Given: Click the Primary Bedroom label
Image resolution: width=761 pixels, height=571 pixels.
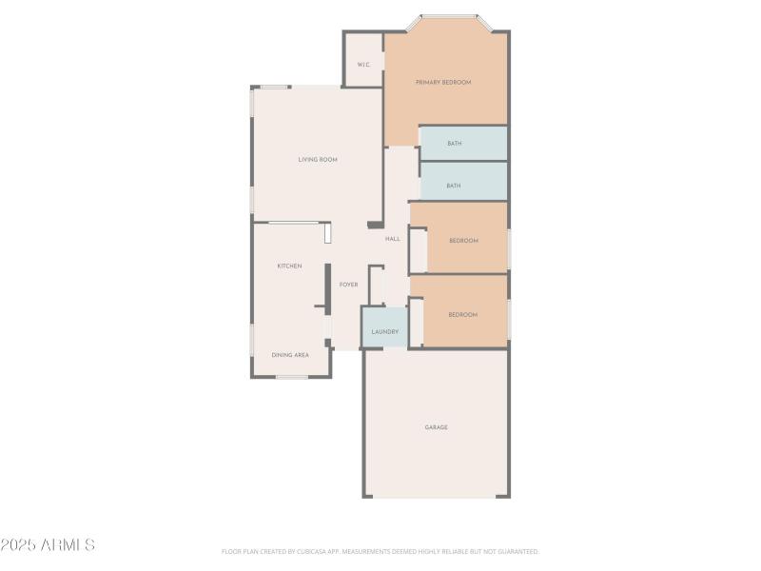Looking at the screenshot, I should point(443,83).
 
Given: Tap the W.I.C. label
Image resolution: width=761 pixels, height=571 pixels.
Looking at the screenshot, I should point(363,65).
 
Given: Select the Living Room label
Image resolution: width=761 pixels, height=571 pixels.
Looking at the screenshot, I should point(318,160).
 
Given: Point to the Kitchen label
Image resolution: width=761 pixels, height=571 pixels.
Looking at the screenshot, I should point(289,266).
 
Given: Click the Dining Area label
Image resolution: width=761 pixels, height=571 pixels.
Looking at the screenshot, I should point(290,355).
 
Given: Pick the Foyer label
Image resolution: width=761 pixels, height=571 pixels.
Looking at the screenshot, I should point(349,285).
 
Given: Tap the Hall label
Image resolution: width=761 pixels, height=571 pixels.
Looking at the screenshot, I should point(393,239).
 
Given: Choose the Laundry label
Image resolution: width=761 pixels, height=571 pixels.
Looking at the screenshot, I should point(384,331).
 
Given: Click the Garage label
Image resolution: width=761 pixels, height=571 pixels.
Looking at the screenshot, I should point(436,427).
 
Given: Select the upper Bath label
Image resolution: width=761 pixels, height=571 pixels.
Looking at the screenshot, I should point(455,144).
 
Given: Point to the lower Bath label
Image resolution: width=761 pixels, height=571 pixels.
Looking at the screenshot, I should point(454,186).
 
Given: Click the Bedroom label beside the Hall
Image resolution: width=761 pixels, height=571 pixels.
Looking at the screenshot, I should point(463,241).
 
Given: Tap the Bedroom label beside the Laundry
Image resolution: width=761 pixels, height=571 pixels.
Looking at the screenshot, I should point(462,315).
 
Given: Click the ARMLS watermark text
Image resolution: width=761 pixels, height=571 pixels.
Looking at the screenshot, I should point(48,545).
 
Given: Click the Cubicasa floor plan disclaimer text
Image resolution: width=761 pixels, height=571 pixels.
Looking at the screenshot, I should point(380,551).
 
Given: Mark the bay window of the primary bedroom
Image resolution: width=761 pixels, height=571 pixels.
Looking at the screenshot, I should point(449,16).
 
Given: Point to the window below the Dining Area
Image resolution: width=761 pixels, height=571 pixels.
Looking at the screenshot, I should point(291,377).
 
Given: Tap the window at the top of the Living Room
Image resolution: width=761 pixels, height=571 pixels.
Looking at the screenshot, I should point(275,88).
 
